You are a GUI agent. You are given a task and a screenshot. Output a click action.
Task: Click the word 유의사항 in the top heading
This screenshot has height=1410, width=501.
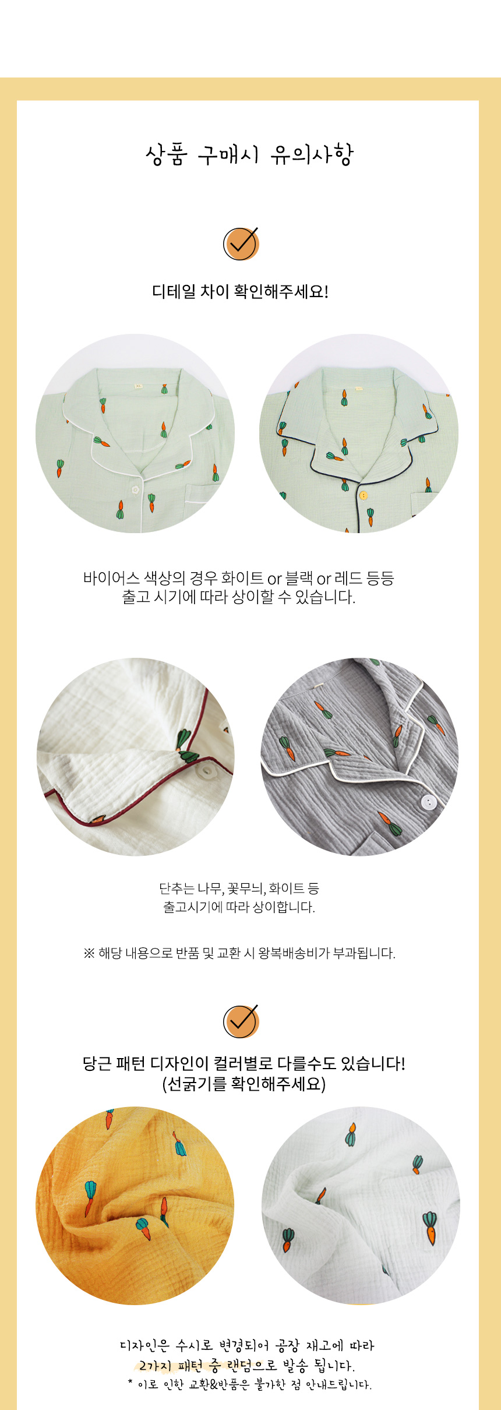point(312,155)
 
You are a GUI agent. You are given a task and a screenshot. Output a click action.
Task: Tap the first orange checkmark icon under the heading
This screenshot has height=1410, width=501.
point(241,244)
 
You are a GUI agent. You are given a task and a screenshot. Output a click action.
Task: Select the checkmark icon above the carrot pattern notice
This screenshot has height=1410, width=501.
point(241,1021)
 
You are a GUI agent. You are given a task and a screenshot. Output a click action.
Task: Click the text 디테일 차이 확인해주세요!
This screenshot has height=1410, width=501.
point(241,291)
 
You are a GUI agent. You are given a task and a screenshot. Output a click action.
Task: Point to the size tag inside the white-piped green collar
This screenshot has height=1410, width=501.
point(139,386)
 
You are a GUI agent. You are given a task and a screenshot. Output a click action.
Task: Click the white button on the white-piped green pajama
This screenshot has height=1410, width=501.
point(135,489)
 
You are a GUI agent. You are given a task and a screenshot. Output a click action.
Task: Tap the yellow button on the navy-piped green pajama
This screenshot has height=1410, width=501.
point(364,495)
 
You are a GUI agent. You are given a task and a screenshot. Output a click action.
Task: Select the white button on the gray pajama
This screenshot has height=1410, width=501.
point(428,802)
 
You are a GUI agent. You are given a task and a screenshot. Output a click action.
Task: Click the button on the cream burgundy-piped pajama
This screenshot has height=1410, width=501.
point(206,771)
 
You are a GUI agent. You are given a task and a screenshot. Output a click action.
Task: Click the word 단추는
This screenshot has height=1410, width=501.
point(177,889)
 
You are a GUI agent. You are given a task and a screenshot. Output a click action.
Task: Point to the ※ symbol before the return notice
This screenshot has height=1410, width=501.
point(89,953)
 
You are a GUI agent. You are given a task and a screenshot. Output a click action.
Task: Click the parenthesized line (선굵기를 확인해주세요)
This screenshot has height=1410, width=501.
point(244,1084)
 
